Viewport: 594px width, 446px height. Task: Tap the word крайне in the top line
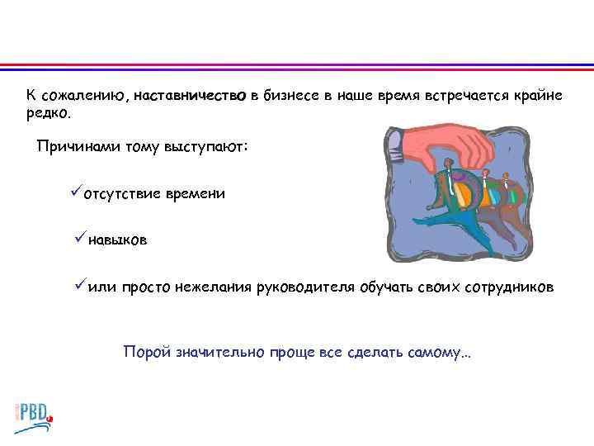(x=537, y=97)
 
